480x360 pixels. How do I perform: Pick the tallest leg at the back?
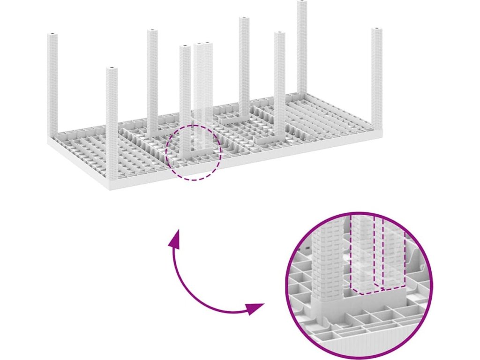(x=302, y=47)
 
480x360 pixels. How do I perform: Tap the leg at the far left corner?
(x=52, y=84)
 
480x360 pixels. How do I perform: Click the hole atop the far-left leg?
(x=52, y=35)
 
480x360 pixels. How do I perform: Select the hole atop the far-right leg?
(x=377, y=30)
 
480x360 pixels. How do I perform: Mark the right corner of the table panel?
(x=381, y=133)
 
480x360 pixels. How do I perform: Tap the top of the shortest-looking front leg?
(x=112, y=69)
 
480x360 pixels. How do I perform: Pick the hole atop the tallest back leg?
(x=302, y=2)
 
